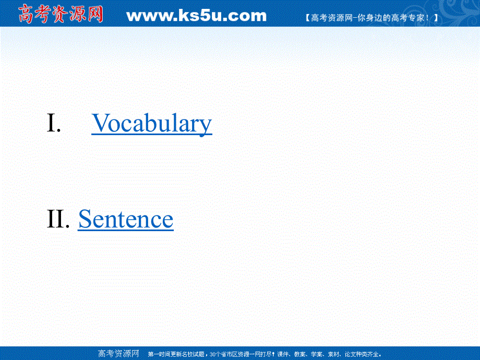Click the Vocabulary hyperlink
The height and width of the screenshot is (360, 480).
[152, 124]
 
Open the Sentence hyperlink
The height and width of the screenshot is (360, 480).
[126, 219]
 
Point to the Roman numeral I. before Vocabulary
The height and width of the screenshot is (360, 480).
[54, 124]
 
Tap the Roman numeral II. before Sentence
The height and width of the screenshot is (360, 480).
[58, 219]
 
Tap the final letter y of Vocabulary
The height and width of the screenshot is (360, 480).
[206, 125]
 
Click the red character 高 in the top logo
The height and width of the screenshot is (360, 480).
[27, 14]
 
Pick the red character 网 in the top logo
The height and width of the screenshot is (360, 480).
[94, 14]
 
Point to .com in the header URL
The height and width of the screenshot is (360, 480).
[245, 16]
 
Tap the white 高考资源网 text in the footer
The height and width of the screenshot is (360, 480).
[118, 354]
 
